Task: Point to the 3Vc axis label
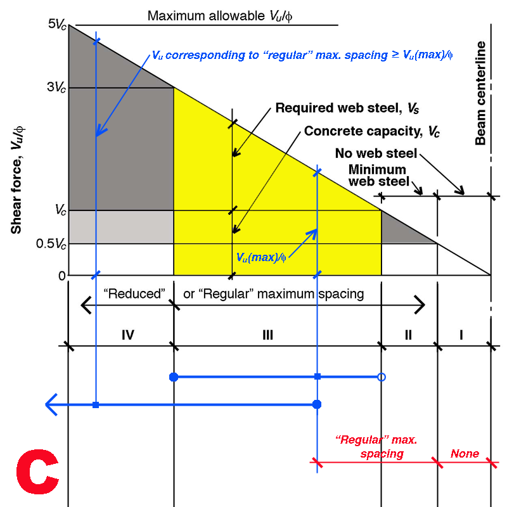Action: tap(56, 88)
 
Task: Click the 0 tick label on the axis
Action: tap(61, 276)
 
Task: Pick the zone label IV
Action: tap(128, 335)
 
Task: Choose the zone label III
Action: tap(267, 335)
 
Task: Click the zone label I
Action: tap(461, 335)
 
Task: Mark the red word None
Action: tap(465, 454)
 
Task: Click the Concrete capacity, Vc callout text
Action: tap(372, 132)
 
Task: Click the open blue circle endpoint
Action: tap(381, 377)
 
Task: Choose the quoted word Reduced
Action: tap(134, 294)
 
